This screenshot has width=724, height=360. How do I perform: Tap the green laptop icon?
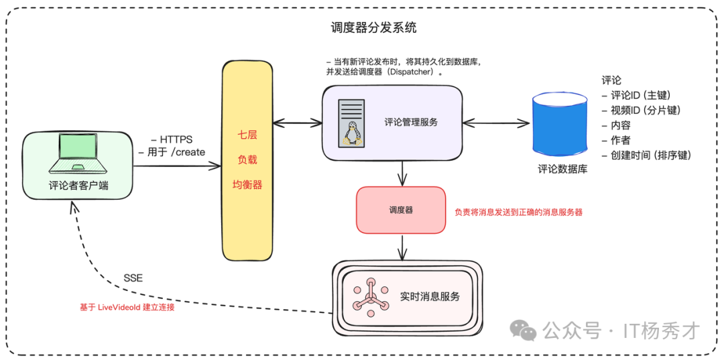(x=78, y=154)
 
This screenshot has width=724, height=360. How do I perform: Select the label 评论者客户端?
(x=78, y=186)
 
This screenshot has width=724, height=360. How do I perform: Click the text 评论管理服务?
(x=411, y=123)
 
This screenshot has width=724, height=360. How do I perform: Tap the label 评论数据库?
(x=562, y=170)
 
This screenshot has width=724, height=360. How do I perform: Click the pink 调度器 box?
(x=401, y=210)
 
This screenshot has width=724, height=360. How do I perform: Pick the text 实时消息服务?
(x=430, y=296)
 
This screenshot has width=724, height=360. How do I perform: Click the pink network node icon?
(x=367, y=297)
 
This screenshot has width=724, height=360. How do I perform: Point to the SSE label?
(x=133, y=278)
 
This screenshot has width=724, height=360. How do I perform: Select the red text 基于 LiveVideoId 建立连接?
(x=127, y=308)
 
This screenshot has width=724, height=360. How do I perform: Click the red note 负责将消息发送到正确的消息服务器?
(x=518, y=212)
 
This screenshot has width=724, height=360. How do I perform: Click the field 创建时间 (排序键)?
(x=646, y=155)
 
